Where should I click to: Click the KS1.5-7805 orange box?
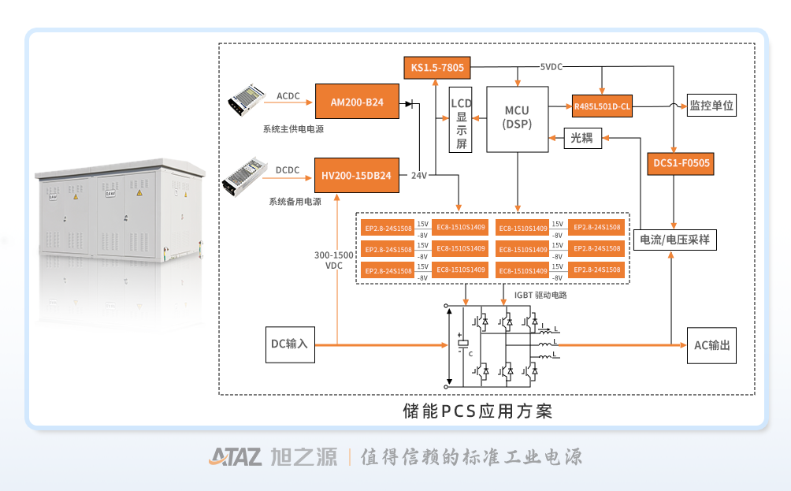tap(437, 68)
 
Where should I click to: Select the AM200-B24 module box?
tap(357, 102)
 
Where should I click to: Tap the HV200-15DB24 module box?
tap(357, 175)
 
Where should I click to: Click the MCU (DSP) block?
tap(518, 118)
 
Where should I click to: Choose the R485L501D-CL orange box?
tap(602, 105)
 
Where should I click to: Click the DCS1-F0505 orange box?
tap(681, 164)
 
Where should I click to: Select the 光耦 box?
tap(581, 138)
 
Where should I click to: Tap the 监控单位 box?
tap(712, 105)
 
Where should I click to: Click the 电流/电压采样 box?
tap(675, 238)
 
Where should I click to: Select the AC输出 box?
tap(712, 345)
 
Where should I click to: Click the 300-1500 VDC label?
tap(334, 260)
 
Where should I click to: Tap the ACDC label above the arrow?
tap(288, 95)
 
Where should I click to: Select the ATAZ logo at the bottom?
tap(236, 457)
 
